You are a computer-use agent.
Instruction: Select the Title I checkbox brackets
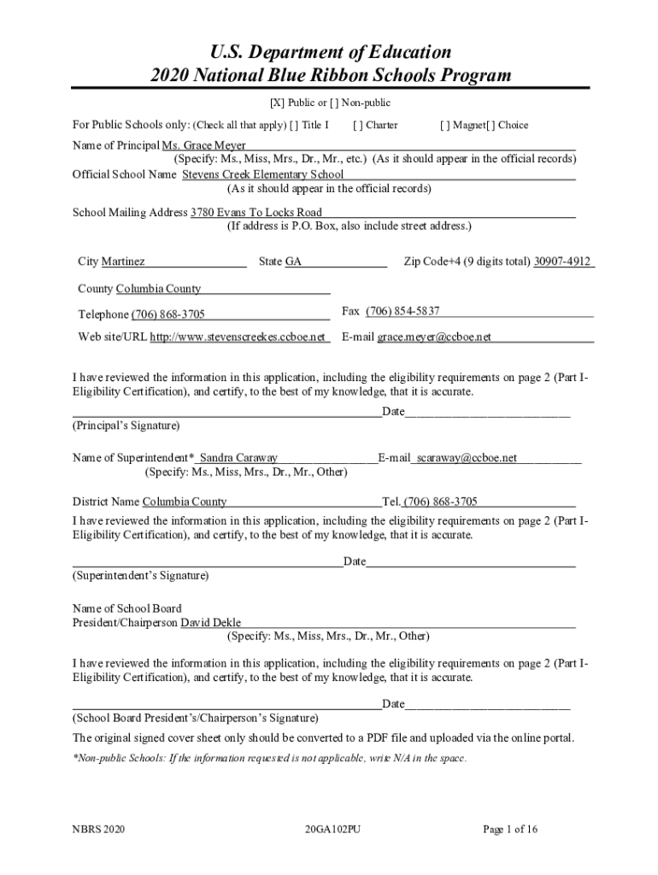coord(295,125)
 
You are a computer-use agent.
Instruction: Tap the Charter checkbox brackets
coord(357,125)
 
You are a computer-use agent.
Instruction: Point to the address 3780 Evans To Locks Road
coord(256,213)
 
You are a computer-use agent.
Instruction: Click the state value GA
coord(293,261)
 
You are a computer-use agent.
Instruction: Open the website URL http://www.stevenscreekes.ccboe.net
coord(238,337)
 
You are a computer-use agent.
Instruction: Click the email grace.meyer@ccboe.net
coord(434,337)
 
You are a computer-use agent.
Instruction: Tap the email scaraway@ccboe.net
coord(467,458)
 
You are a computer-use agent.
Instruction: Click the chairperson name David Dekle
coord(210,622)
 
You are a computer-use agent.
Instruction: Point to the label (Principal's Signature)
coord(126,426)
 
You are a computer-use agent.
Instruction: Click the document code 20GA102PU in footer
coord(332,829)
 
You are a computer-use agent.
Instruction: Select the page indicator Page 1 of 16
coord(510,829)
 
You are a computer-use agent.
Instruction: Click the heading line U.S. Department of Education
coord(329,52)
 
